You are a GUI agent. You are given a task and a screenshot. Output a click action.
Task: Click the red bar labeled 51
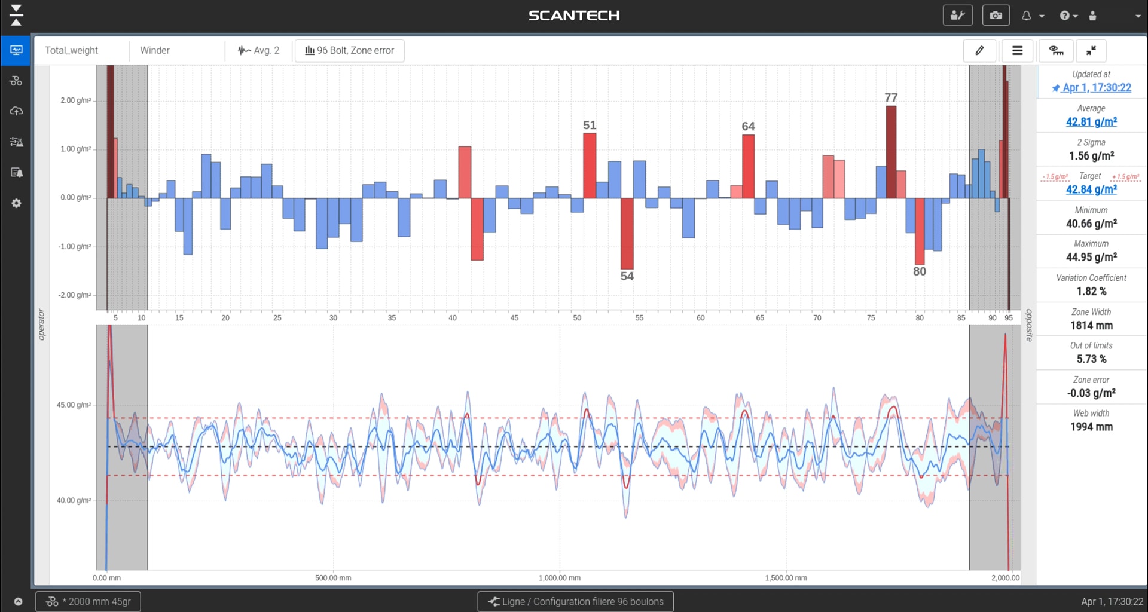(590, 166)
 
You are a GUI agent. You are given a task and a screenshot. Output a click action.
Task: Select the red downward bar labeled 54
(627, 234)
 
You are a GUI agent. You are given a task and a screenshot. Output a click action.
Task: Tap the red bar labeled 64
(748, 167)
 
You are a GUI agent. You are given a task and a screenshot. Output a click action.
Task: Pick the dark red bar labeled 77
(891, 152)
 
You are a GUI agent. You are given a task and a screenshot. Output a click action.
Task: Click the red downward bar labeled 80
(920, 231)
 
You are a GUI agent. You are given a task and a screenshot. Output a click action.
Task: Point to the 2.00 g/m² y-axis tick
(76, 100)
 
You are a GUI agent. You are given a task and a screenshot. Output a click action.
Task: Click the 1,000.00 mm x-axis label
(560, 578)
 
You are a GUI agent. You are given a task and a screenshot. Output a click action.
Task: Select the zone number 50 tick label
(577, 318)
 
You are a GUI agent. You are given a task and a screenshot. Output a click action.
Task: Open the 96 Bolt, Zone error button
(350, 51)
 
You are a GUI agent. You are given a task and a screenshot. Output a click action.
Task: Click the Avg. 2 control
(259, 51)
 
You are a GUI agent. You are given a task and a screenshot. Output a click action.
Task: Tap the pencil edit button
(979, 51)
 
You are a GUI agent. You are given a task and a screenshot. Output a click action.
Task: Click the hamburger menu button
(1017, 51)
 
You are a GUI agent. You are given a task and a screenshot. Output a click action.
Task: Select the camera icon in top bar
(996, 16)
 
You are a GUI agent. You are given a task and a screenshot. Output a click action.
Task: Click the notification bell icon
(1027, 16)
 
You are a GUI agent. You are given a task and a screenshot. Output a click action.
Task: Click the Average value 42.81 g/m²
(1091, 122)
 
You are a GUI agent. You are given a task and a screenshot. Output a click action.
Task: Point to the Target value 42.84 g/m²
(1091, 189)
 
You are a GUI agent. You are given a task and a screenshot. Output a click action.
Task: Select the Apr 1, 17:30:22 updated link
(1097, 88)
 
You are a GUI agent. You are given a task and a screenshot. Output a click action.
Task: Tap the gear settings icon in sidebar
(16, 203)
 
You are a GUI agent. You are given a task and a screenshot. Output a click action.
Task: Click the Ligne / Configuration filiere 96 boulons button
(575, 602)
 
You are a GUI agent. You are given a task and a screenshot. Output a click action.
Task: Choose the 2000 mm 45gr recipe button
(88, 602)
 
